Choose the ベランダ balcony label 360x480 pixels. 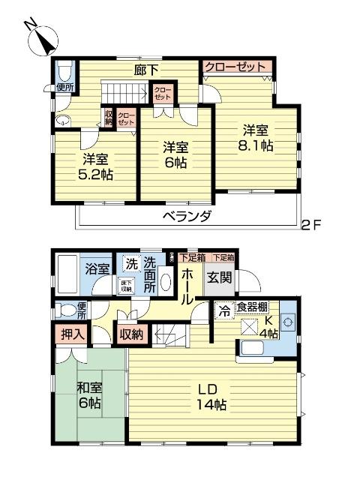(188, 216)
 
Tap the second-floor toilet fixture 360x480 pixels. (65, 72)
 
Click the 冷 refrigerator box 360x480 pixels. (223, 307)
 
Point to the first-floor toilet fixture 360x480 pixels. (65, 309)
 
